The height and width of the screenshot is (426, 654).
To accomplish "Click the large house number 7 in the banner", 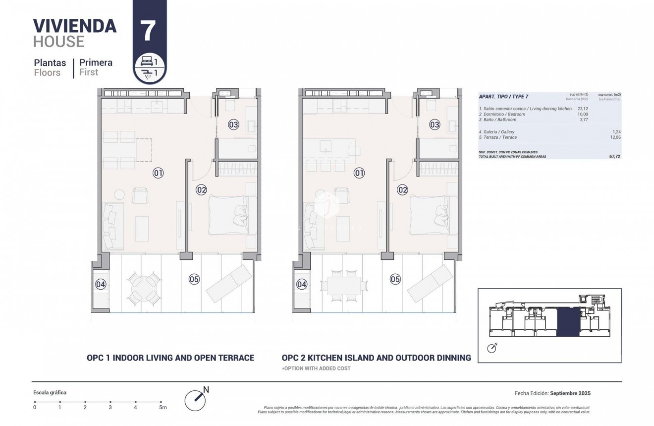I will [x=149, y=30].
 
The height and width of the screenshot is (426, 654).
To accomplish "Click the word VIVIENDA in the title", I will [x=74, y=25].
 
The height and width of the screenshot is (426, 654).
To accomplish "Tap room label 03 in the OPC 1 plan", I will [x=233, y=124].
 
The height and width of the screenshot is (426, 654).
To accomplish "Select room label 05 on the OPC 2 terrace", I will [x=395, y=279].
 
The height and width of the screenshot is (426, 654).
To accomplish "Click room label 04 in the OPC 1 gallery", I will [x=101, y=284].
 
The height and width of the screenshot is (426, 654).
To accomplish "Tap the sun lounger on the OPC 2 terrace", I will [x=430, y=284].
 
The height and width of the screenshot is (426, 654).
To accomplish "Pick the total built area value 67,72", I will [x=614, y=156].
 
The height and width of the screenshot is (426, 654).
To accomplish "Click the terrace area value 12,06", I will [x=616, y=137].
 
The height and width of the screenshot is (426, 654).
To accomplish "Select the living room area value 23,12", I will [x=583, y=109].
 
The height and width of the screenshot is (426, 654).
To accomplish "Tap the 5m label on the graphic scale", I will [x=163, y=407].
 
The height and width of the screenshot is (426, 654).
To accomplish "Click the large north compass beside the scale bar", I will [x=195, y=400].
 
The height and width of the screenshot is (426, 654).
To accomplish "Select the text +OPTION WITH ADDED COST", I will [x=316, y=368].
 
